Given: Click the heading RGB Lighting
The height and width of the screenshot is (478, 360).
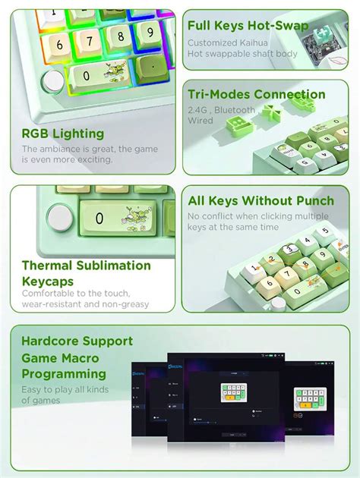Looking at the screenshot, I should coord(62,134).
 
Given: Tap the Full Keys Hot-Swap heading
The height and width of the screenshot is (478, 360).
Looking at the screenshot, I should coord(248,26).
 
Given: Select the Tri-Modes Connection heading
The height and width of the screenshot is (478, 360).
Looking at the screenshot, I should coord(257,95).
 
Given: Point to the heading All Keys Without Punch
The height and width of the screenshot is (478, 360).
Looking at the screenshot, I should coord(261,201).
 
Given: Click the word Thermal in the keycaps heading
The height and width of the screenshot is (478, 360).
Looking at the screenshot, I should coord(49,266).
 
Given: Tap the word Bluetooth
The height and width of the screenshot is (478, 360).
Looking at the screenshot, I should coord(235,110).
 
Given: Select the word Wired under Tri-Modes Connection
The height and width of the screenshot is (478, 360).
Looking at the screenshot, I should coord(201,120).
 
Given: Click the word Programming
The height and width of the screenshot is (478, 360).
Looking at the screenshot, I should coord(64,374).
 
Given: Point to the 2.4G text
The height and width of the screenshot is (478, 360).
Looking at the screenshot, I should coord(201,110).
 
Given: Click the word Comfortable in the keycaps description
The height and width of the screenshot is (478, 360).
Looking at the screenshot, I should coord(52,293).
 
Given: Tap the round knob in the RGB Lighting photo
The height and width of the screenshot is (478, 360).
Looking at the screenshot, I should coord(53,81).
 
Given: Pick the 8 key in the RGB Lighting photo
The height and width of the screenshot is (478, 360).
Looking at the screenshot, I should coord(119,36).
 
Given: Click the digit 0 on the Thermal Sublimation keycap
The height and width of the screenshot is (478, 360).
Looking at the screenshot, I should coord(99,219).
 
